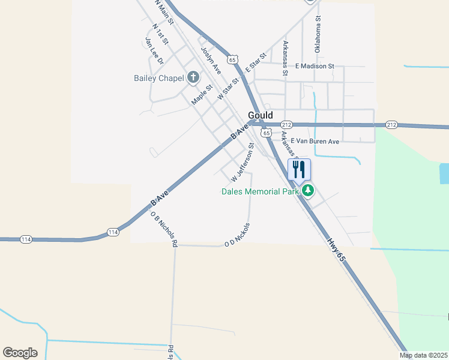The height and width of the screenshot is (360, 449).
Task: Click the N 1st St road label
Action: click(x=161, y=37)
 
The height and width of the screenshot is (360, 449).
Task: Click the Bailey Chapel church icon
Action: click(x=193, y=77)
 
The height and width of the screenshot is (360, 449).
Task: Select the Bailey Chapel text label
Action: click(x=158, y=78)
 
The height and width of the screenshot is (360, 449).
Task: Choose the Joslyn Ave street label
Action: click(x=211, y=60)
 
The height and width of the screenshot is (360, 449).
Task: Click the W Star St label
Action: click(x=229, y=88)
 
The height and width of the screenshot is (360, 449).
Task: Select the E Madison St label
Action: click(x=315, y=66)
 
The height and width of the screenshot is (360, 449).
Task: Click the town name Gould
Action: click(x=261, y=115)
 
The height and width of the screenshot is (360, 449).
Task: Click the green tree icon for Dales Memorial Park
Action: click(x=308, y=191)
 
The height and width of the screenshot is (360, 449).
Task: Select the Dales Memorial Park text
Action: click(x=259, y=191)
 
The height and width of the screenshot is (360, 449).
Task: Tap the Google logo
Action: click(x=20, y=353)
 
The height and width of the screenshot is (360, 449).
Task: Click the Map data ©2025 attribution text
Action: click(x=423, y=355)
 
